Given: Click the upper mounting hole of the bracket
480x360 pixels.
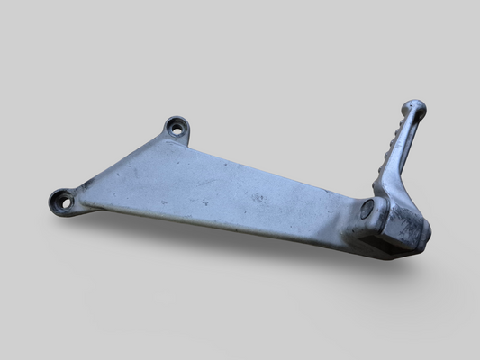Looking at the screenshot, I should pyautogui.click(x=177, y=129).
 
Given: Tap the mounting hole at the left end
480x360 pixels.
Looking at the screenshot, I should pyautogui.click(x=65, y=202).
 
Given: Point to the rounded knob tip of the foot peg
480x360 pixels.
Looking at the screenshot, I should pyautogui.click(x=415, y=107).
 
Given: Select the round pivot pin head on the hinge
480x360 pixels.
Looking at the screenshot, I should pyautogui.click(x=367, y=209).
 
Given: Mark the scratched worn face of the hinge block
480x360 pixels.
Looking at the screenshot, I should pyautogui.click(x=410, y=229).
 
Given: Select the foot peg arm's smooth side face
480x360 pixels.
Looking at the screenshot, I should pyautogui.click(x=408, y=153).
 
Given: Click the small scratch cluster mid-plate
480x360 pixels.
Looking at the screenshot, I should pyautogui.click(x=258, y=197).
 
